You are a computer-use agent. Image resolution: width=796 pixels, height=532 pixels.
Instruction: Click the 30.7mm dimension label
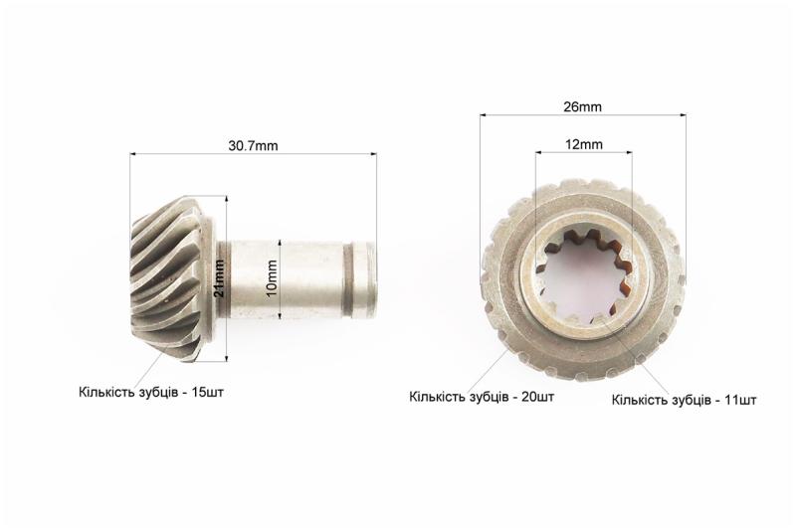(x=253, y=146)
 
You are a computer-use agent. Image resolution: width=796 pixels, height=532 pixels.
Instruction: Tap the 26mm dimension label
(x=582, y=107)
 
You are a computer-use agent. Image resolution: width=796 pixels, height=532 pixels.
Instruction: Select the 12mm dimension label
(x=584, y=144)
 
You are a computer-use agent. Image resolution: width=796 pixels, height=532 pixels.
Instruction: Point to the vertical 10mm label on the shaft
(x=272, y=278)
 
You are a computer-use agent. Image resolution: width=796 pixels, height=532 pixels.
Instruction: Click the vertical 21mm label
(x=219, y=277)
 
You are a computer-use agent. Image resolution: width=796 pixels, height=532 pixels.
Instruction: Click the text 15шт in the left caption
(x=207, y=393)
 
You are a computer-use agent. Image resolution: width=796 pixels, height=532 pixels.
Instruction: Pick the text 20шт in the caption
(x=537, y=397)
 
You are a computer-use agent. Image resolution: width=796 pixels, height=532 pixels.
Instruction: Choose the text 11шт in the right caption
(x=740, y=400)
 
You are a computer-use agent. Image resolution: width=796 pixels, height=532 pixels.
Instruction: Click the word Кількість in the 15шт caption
(x=105, y=393)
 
